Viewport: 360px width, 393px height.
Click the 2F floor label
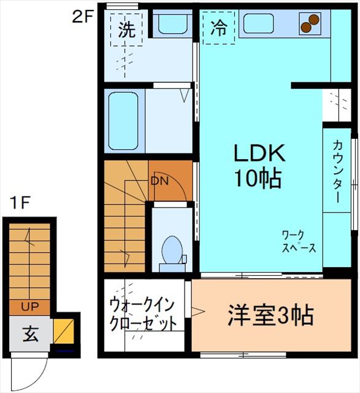pos(82,17)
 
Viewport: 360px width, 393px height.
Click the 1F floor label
pos(17,202)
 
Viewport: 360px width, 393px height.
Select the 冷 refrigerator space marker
pos(218,28)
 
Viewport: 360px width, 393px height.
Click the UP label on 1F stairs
pos(29,306)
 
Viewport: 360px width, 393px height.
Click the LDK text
pos(258,152)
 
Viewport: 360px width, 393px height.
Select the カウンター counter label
pos(338,172)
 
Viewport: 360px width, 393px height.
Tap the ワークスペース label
pos(299,242)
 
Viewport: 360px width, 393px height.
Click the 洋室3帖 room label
pos(270,316)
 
